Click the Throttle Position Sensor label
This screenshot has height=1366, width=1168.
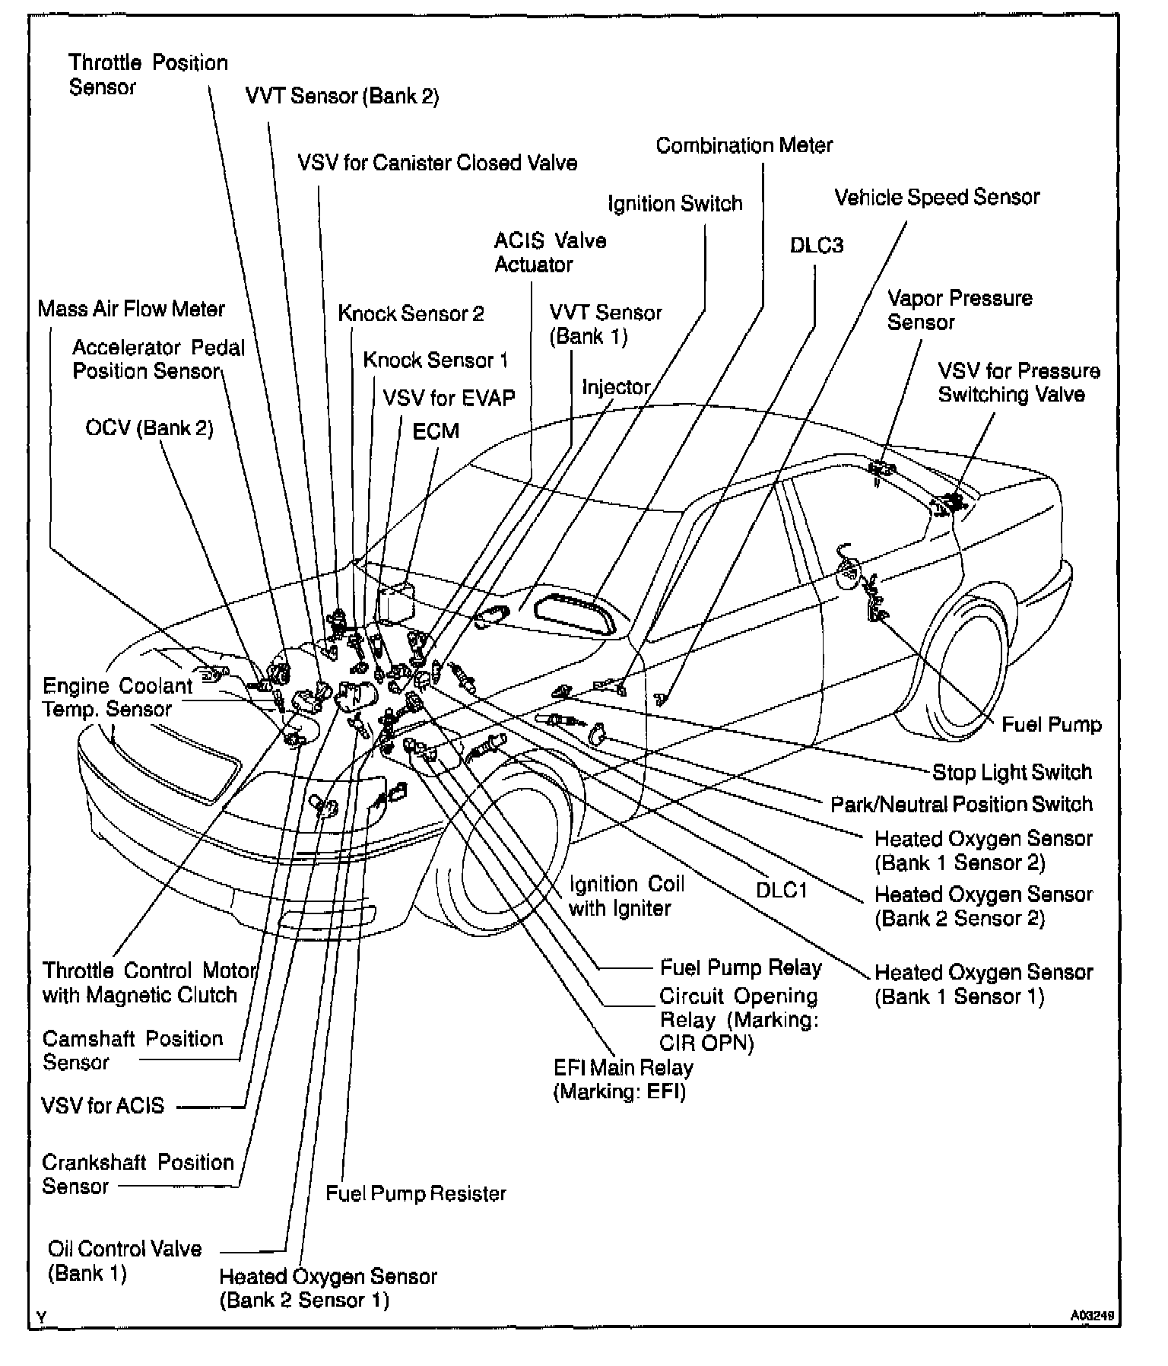(x=148, y=75)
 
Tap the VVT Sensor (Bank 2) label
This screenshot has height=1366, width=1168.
(x=341, y=97)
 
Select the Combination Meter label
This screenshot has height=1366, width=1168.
(x=744, y=145)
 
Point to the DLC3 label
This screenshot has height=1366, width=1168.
(x=816, y=246)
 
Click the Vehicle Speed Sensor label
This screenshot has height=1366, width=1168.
(x=936, y=198)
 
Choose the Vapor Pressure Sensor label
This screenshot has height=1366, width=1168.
(x=959, y=310)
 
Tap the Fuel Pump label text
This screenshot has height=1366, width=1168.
(x=1051, y=725)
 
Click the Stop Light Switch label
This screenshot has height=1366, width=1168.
(x=1011, y=773)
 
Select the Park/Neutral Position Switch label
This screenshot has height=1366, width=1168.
(x=960, y=805)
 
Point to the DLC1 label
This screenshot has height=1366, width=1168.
(x=781, y=890)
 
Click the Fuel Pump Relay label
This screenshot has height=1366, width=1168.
(x=740, y=967)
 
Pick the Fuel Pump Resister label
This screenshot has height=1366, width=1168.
(x=415, y=1193)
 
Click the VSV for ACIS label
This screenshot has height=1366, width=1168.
(x=103, y=1106)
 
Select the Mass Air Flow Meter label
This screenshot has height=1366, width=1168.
(x=131, y=310)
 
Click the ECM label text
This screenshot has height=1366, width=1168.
(x=436, y=431)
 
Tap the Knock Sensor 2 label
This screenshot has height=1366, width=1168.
(x=411, y=313)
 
